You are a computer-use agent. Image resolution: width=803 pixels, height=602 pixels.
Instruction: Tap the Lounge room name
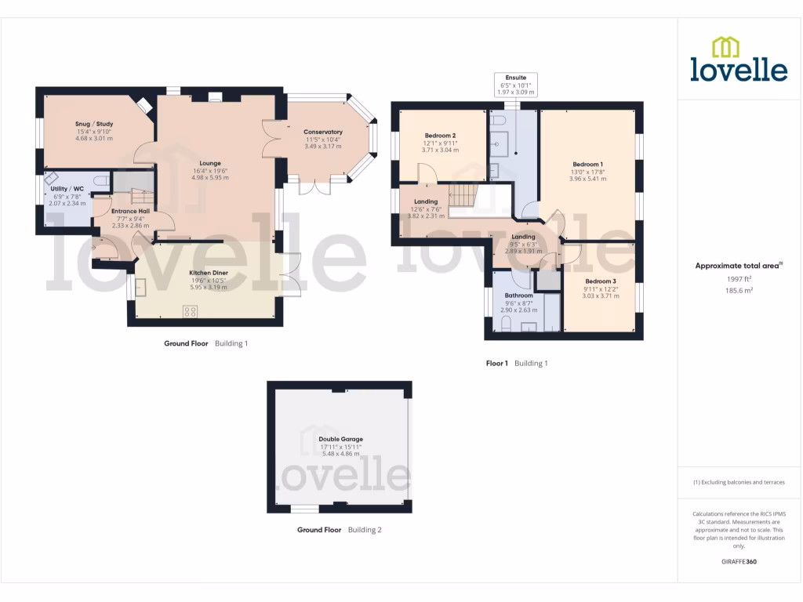210,164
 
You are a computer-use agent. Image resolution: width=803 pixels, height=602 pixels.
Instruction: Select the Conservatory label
323,132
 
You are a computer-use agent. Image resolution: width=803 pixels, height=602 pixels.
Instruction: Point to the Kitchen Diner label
209,274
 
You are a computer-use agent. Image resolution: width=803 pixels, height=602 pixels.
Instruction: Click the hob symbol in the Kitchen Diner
191,311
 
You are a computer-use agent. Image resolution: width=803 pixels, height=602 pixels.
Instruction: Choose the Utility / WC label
67,189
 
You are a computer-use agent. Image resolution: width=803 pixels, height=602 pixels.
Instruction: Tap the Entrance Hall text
131,211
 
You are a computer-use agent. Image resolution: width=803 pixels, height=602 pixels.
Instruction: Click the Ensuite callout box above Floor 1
515,85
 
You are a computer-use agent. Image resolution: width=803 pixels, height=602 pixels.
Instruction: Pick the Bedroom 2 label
441,136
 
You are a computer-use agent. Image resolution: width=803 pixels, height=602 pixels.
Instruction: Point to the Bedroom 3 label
600,281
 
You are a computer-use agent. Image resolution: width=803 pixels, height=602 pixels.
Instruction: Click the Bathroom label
518,296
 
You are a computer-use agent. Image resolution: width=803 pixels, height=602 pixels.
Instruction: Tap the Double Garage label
340,440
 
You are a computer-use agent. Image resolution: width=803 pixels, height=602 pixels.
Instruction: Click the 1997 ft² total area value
739,278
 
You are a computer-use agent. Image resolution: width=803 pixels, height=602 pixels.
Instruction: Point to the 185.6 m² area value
739,290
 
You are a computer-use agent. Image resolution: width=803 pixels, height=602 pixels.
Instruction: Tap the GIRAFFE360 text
739,562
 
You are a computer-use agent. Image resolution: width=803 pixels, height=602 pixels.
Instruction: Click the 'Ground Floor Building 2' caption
339,530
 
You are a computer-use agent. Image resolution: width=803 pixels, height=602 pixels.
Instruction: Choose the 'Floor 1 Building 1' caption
516,364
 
